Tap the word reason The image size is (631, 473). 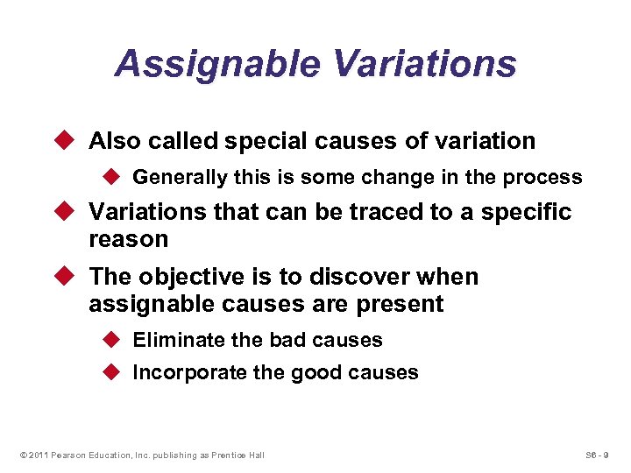click(128, 239)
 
